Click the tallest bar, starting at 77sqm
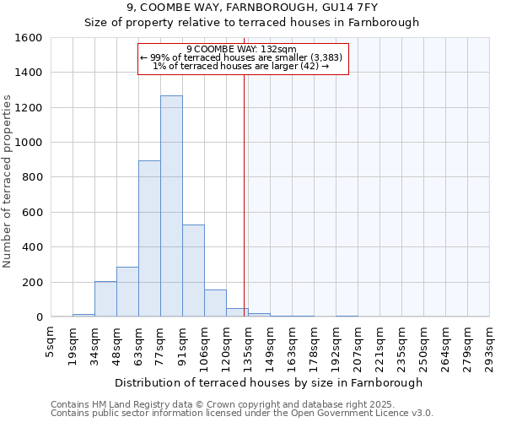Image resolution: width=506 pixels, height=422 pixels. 171,206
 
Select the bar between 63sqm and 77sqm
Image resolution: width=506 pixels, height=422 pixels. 149,239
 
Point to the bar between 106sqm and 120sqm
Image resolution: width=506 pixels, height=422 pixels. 215,303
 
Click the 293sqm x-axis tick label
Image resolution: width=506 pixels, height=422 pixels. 490,342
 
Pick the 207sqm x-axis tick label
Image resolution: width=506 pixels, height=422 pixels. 358,342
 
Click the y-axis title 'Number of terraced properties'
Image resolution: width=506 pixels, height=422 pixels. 8,181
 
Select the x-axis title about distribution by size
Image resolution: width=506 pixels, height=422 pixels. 270,382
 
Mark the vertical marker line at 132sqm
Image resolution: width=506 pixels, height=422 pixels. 245,194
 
